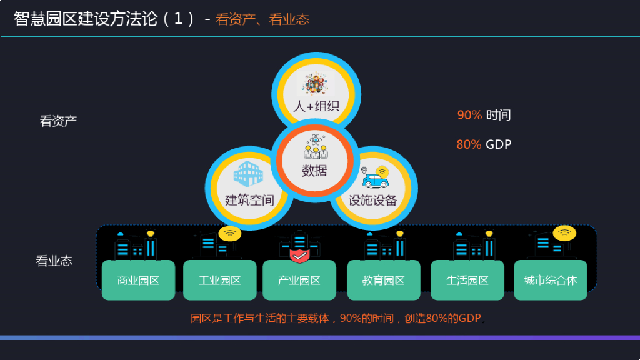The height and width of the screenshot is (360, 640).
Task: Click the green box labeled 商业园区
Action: point(138,280)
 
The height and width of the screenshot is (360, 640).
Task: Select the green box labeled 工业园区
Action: point(219,280)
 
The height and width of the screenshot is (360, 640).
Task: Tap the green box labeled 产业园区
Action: point(299,280)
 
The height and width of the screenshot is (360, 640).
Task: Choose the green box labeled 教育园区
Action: point(383,280)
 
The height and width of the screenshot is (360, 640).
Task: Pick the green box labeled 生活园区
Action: point(467,280)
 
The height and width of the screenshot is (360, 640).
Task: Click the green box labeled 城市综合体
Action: point(550,280)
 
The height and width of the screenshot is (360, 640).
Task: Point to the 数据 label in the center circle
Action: point(314,170)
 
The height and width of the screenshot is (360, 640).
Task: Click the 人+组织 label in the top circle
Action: point(316,106)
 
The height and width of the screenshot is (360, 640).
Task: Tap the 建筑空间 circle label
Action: point(249,200)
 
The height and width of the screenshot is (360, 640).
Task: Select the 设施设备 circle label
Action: point(373,200)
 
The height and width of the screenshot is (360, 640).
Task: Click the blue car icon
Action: point(375,180)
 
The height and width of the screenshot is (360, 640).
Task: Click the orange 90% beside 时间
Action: point(469,115)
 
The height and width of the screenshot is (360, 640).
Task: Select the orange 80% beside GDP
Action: point(469,144)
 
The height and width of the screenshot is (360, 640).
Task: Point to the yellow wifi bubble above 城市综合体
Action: point(564,233)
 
